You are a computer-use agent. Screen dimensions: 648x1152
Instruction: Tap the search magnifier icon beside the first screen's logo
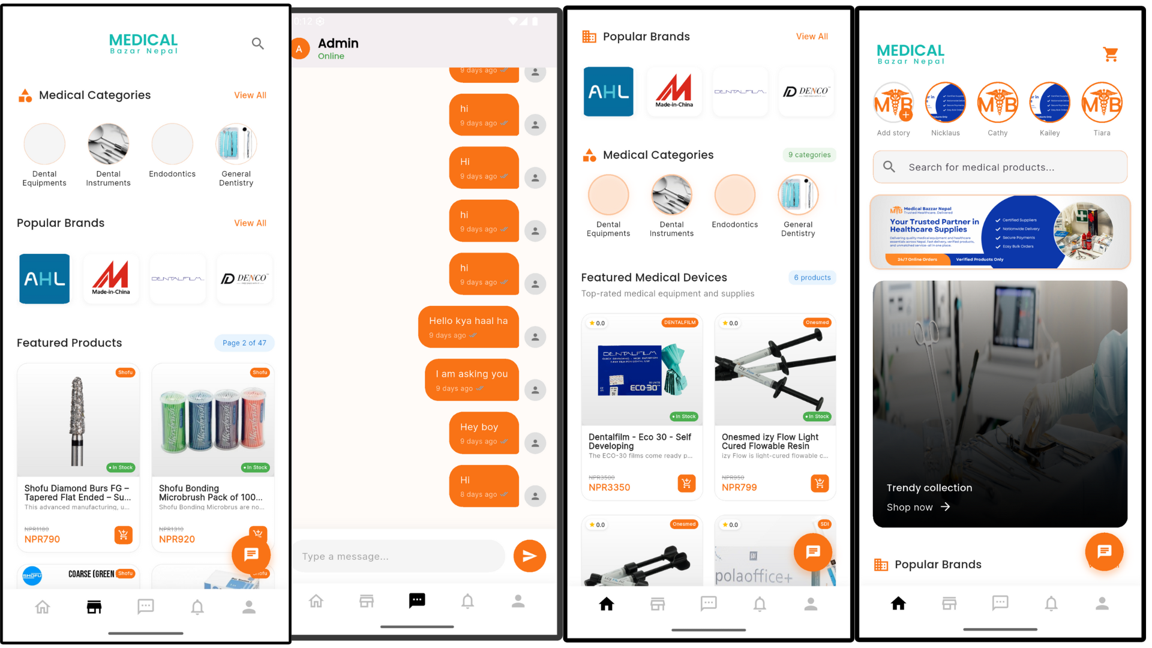[x=257, y=43]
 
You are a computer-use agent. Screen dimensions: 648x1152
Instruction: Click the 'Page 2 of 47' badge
[x=244, y=343]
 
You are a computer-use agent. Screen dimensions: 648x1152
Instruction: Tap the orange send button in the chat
[x=529, y=556]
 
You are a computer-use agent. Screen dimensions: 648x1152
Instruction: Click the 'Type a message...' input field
[x=398, y=556]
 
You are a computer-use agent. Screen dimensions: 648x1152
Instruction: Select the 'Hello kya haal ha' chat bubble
[x=468, y=327]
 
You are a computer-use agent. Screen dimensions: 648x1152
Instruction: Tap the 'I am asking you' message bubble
[x=472, y=380]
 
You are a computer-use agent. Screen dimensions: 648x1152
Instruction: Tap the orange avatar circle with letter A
[x=299, y=49]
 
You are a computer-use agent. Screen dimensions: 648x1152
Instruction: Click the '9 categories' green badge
[x=809, y=155]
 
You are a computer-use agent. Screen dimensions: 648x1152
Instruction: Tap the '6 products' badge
[x=812, y=277]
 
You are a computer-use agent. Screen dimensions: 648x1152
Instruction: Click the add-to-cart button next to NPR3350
[x=686, y=483]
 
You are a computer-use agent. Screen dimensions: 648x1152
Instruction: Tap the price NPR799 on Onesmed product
[x=739, y=487]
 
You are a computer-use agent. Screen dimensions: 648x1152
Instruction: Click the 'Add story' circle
[x=893, y=103]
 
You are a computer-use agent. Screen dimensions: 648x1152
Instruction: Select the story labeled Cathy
[x=997, y=103]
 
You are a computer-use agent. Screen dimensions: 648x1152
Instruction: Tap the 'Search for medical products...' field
[x=1000, y=167]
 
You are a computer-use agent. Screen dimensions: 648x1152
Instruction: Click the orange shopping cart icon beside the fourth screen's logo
[x=1110, y=55]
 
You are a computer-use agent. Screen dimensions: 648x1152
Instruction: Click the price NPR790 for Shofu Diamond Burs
[x=42, y=539]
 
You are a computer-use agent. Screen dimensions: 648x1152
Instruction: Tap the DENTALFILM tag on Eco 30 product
[x=680, y=323]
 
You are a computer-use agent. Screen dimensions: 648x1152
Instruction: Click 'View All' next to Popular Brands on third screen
[x=811, y=37]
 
